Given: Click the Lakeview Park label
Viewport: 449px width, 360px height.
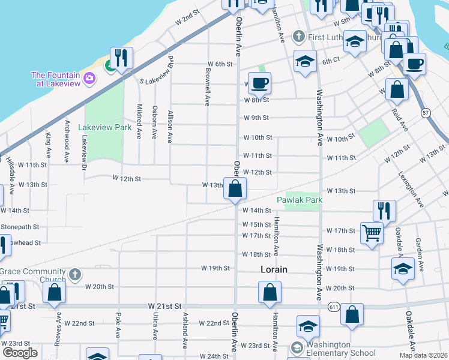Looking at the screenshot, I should [x=109, y=127].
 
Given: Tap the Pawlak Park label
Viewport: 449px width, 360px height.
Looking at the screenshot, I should [x=300, y=200].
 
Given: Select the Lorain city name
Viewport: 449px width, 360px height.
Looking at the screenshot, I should [x=274, y=269].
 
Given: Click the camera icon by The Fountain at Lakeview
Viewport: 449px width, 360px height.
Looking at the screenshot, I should [x=89, y=77].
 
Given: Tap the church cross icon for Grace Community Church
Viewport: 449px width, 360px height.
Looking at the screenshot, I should [x=74, y=275].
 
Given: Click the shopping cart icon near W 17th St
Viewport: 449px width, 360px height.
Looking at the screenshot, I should [x=372, y=232].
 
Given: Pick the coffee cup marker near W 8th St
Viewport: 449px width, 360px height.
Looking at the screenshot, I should [x=259, y=82].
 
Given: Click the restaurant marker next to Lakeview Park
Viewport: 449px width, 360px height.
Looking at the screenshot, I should [x=122, y=58].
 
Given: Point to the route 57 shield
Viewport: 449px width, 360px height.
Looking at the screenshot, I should [x=426, y=112].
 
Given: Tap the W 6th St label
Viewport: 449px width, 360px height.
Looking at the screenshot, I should [x=220, y=64].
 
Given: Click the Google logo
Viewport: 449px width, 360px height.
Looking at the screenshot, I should [x=20, y=352].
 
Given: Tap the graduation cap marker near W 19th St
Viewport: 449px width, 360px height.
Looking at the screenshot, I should [x=403, y=269].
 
